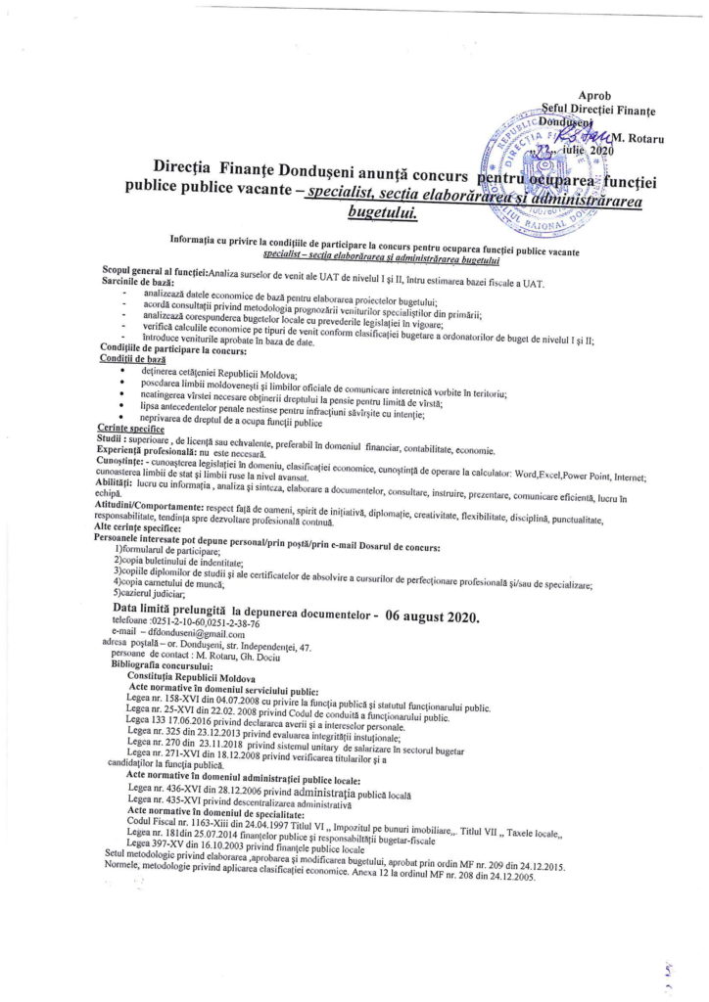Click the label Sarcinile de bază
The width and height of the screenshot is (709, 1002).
coord(134,280)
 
